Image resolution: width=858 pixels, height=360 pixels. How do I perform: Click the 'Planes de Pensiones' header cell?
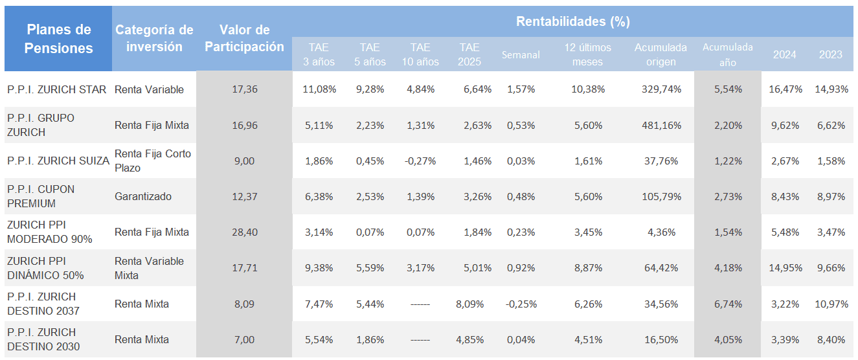coord(58,39)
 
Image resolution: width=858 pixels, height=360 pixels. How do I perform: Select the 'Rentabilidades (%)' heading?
coord(572,21)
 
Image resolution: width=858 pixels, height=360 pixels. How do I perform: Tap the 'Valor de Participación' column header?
coord(244,39)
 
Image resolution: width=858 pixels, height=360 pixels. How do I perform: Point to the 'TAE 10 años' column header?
coord(420,54)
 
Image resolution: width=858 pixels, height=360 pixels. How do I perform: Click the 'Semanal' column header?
coord(521,55)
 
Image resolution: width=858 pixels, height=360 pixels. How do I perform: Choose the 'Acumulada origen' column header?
coord(660,54)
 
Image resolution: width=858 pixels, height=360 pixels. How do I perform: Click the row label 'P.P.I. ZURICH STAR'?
coord(57,89)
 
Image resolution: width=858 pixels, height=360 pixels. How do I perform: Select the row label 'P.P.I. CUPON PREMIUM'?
coord(40,196)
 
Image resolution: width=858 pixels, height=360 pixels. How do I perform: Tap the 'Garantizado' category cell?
coord(143,196)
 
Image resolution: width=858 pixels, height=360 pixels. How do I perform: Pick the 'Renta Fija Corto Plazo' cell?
coord(153,161)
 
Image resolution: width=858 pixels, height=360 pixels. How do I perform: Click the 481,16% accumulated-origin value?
coord(660,125)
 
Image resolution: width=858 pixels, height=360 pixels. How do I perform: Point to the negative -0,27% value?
coord(420,161)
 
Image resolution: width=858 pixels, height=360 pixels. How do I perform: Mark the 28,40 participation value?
coord(244,232)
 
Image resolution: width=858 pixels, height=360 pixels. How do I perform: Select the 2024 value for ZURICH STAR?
coord(784,89)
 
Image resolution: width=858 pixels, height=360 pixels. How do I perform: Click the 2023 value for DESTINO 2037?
coord(832,304)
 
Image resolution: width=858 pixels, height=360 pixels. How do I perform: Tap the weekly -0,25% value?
coord(520,304)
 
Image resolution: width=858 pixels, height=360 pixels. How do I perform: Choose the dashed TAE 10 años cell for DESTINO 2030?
coord(420,339)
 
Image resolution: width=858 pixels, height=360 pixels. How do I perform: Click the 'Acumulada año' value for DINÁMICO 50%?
coord(728,268)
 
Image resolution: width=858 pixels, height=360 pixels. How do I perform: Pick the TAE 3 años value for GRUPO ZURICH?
coord(319,125)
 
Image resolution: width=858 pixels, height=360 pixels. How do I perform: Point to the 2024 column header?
coord(784,54)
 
